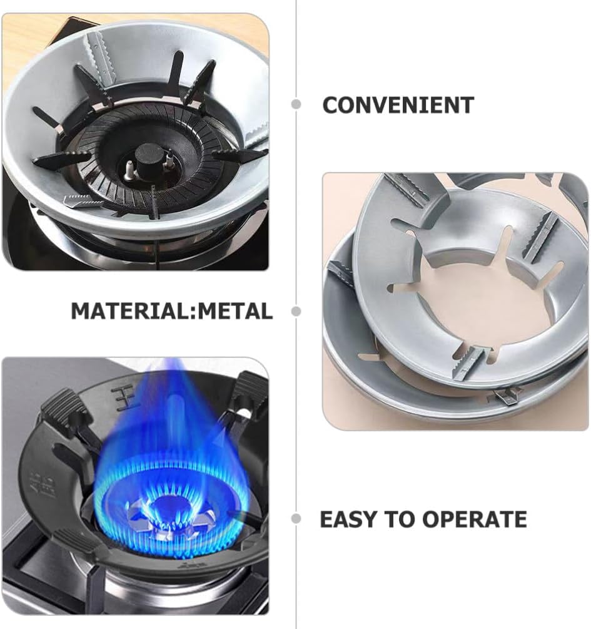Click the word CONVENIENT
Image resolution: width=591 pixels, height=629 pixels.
tap(398, 105)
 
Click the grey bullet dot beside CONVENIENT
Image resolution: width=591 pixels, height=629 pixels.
tap(296, 105)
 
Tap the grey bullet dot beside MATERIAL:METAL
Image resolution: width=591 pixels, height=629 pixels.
tap(296, 310)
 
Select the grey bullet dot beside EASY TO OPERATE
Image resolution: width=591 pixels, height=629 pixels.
tap(296, 519)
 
